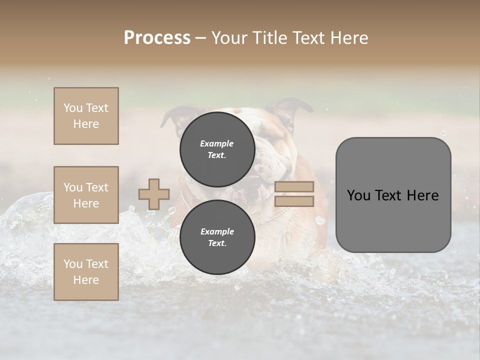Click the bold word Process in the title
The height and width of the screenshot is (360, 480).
157,38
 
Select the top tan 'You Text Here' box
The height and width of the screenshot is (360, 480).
86,116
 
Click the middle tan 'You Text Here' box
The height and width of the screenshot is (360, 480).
86,195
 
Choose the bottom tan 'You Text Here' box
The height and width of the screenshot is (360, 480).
86,272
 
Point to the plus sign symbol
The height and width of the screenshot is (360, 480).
154,194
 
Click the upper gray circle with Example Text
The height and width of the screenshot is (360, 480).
217,149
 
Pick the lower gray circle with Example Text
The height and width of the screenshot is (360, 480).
217,237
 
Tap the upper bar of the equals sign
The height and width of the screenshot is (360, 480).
294,187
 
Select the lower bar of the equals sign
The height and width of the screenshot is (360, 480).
294,201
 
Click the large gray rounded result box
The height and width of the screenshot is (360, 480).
393,195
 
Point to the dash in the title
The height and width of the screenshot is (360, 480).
201,38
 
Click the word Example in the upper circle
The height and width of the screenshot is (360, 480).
216,143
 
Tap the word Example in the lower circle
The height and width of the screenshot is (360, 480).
217,231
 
